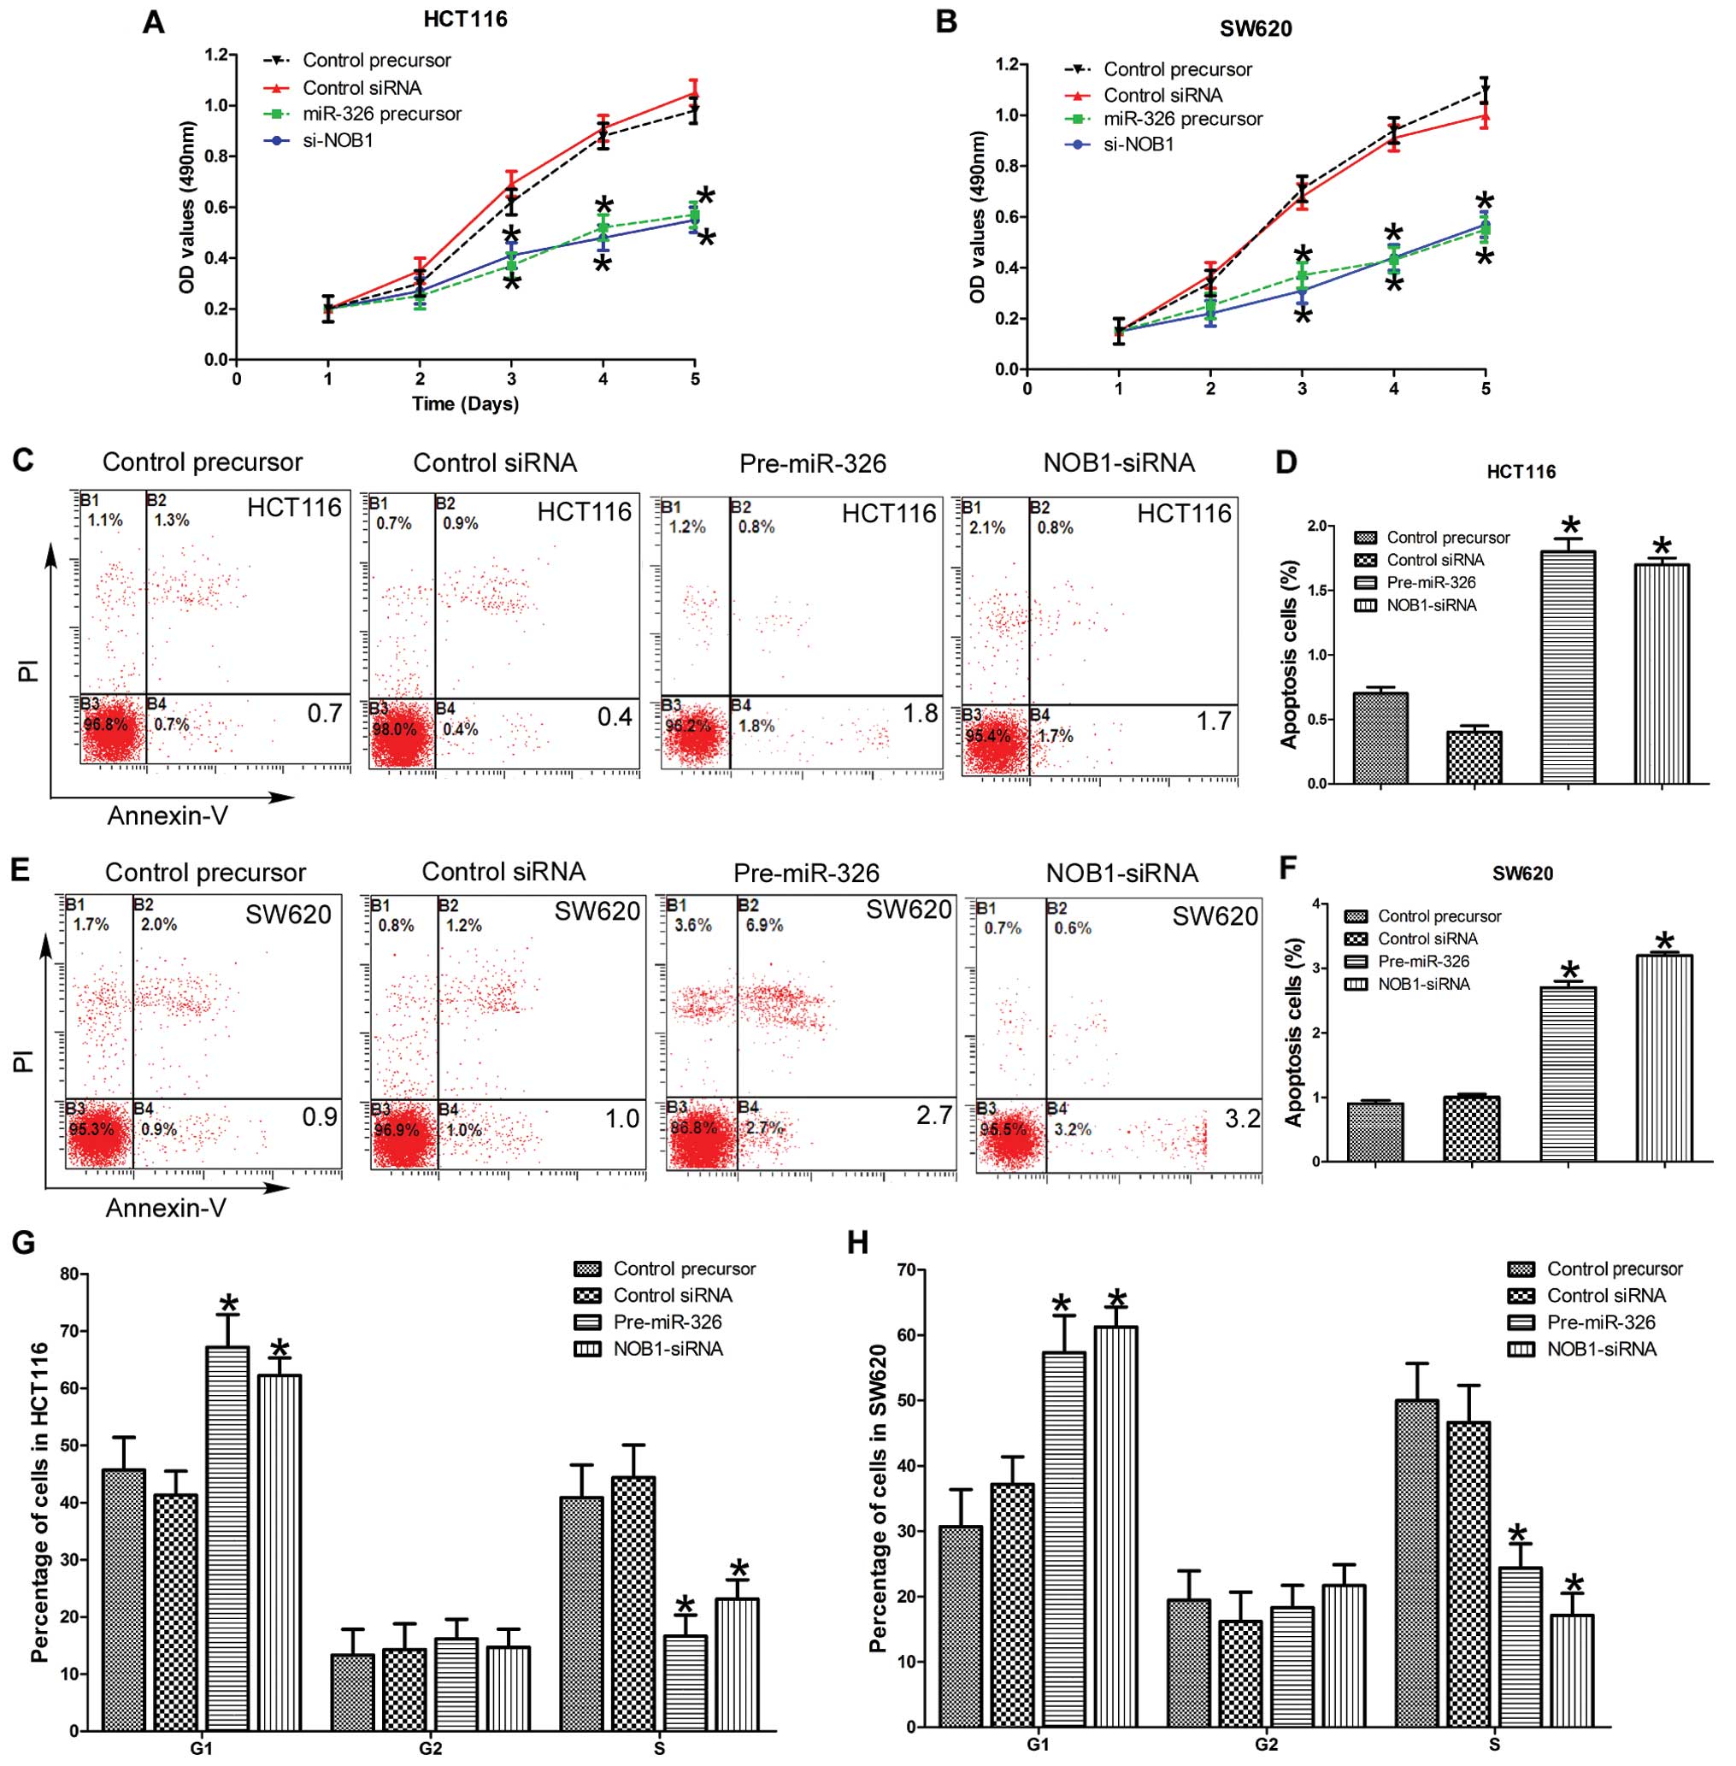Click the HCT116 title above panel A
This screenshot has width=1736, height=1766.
(x=464, y=18)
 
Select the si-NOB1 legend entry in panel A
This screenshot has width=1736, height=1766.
(x=337, y=140)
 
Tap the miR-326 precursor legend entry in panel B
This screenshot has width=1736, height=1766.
(x=1183, y=120)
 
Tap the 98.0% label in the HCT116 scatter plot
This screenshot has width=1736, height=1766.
(x=394, y=729)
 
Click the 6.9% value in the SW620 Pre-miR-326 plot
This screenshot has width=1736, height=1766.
(x=765, y=926)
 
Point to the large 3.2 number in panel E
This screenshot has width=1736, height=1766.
(x=1242, y=1118)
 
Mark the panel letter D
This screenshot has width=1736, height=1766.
(x=1286, y=462)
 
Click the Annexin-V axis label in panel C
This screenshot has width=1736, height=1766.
(x=168, y=815)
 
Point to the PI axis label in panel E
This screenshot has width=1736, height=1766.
(x=23, y=1060)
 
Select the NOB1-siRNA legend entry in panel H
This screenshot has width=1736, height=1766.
(x=1601, y=1348)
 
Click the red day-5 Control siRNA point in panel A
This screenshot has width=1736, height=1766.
(x=695, y=92)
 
